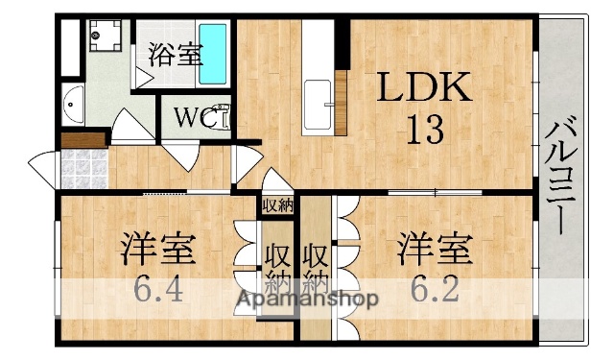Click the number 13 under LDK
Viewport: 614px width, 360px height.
[422, 129]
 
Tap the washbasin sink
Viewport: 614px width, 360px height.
[73, 102]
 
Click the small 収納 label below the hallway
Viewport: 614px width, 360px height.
[278, 204]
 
